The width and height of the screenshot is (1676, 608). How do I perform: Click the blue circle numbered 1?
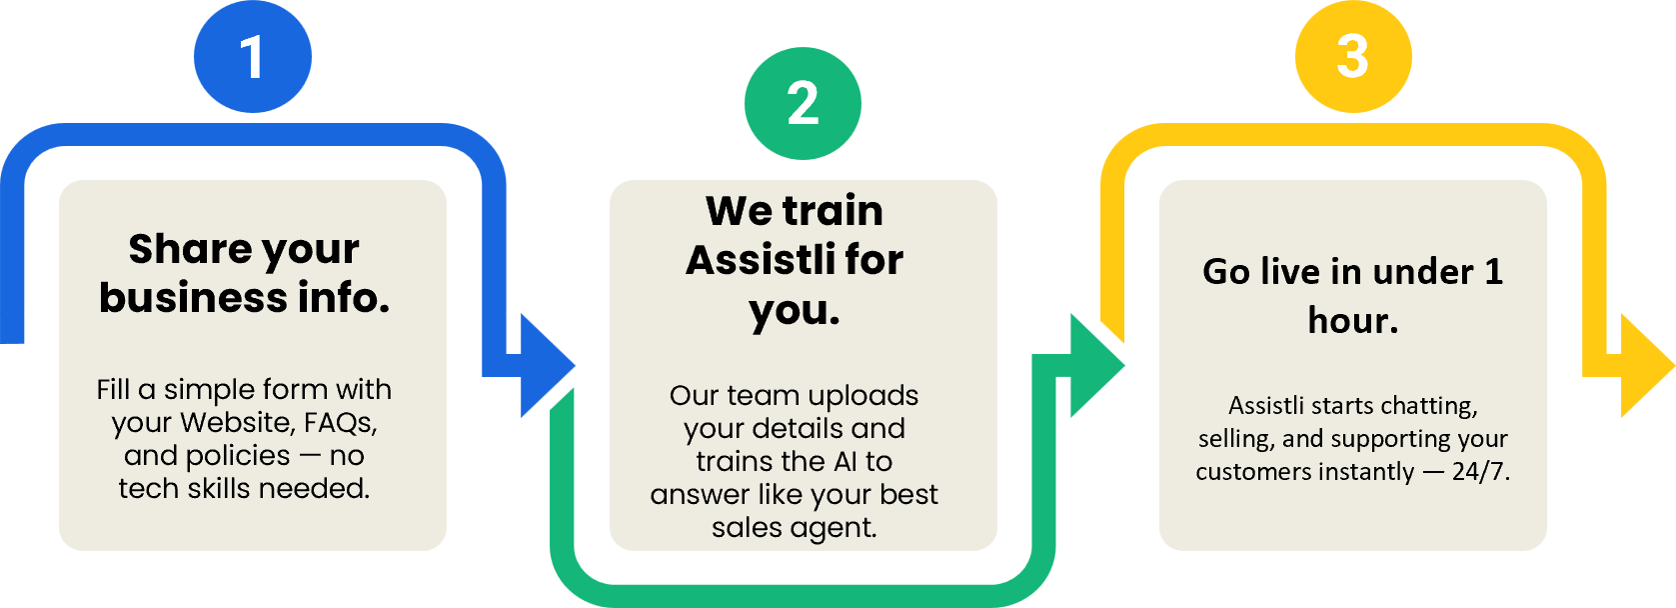tap(253, 56)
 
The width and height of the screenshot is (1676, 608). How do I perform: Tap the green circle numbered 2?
tap(803, 103)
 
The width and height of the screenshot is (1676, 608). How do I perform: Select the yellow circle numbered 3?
tap(1352, 56)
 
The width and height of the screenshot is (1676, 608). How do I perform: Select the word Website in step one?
tap(236, 423)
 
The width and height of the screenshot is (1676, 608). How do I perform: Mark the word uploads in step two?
tap(862, 396)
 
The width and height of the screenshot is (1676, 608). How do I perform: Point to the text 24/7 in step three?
tap(1480, 471)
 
